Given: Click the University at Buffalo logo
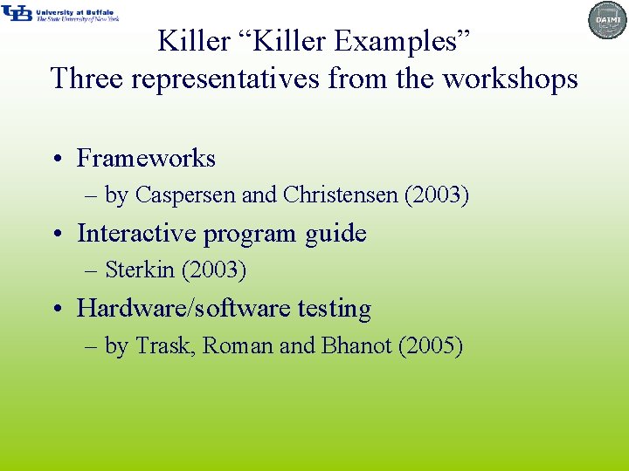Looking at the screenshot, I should [59, 13].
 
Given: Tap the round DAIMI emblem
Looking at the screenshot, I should [608, 20].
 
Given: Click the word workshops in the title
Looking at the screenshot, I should [510, 78].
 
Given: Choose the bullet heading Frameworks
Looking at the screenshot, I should [146, 158].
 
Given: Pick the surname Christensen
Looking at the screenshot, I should [341, 195].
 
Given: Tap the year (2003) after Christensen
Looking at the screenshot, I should [437, 195].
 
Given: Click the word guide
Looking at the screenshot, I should [335, 234].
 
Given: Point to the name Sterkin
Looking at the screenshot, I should [140, 270].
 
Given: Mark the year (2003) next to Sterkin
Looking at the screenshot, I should [214, 270].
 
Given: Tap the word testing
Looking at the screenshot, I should [335, 309].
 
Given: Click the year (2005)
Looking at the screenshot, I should [430, 346].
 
